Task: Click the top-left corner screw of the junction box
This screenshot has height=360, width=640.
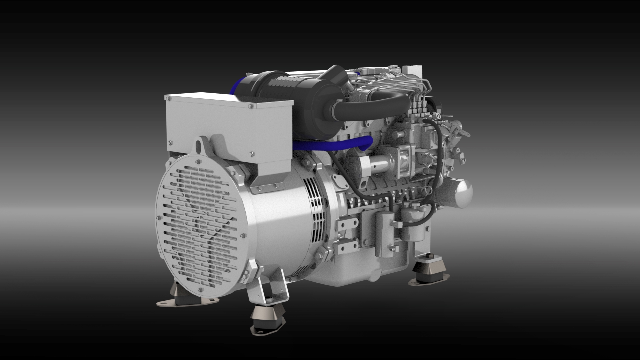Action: tap(168, 98)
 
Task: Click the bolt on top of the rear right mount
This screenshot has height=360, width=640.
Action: tap(429, 256)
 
